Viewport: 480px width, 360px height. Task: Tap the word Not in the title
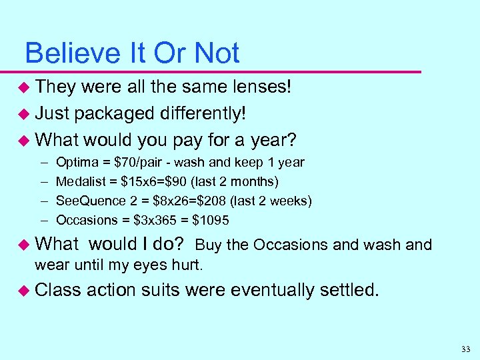click(216, 53)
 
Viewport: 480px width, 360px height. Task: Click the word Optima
click(75, 162)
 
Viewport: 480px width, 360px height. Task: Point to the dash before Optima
click(42, 162)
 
